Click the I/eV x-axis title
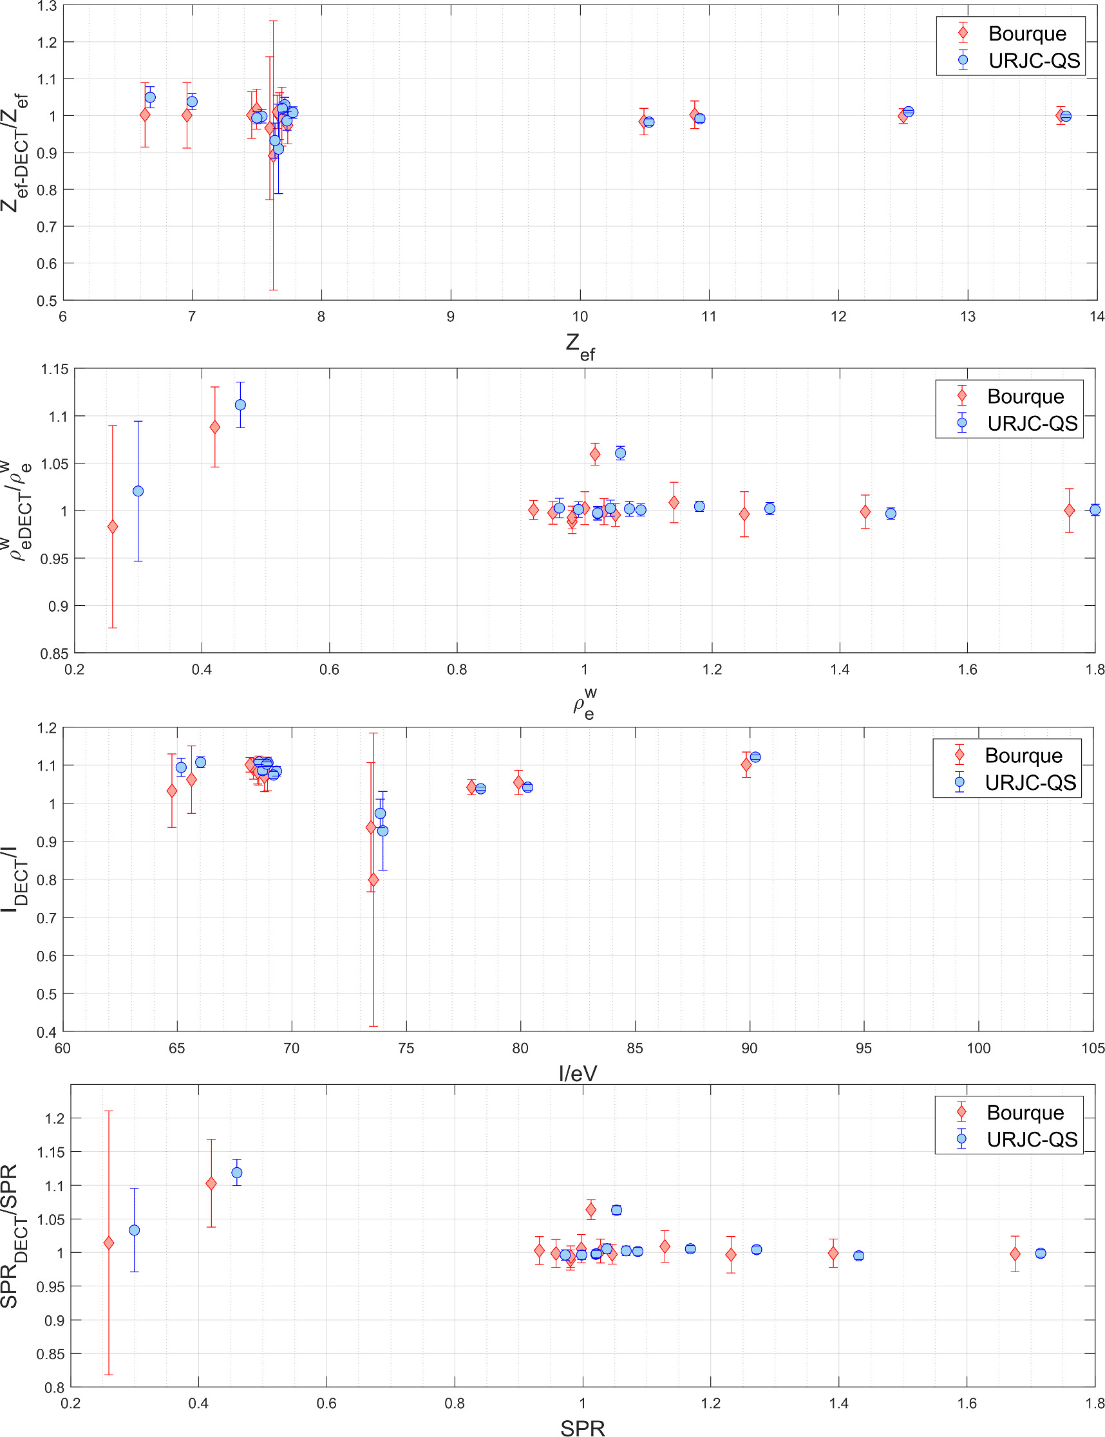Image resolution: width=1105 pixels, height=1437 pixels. pos(578,1073)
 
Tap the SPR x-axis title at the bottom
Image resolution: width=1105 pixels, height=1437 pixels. pos(582,1428)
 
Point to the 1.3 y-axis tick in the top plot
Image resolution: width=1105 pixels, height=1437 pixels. pos(48,6)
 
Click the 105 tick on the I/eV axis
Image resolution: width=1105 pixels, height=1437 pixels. pos(1093,1048)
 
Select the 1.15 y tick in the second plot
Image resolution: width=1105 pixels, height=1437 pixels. pos(55,370)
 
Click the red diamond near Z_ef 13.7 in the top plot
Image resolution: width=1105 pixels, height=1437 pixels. pos(1061,116)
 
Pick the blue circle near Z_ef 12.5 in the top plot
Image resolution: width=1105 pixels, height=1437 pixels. pos(909,112)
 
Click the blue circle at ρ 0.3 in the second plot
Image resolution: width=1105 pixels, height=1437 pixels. pos(138,491)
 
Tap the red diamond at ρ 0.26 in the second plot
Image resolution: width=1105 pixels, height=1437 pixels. pos(113,527)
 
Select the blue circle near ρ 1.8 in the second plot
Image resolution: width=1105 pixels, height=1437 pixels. pos(1095,510)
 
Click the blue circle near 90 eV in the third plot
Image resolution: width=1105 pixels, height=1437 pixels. pos(755,757)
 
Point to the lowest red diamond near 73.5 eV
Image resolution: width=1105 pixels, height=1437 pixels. pos(373,879)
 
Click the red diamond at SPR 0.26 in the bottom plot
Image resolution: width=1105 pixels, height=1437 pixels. pos(109,1243)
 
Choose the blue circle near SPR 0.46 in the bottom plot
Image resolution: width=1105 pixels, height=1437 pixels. pos(237,1172)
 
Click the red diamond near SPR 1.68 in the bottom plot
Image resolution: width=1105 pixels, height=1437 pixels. pos(1015,1254)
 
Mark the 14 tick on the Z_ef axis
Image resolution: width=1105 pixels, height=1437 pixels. pos(1096,317)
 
